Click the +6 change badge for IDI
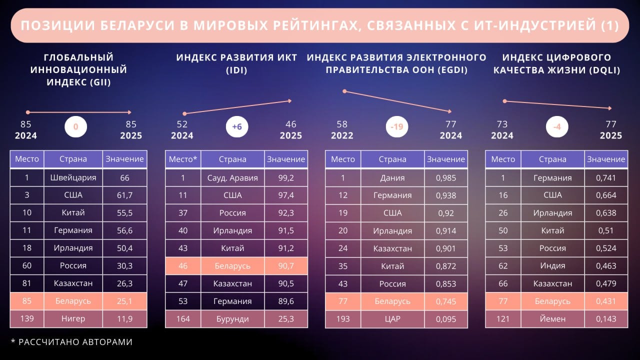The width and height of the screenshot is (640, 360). click(236, 127)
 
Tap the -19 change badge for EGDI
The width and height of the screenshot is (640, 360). click(396, 127)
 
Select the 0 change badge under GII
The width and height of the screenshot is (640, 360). click(75, 127)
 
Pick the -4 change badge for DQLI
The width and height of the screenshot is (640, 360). click(556, 127)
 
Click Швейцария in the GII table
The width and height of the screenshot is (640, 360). click(73, 177)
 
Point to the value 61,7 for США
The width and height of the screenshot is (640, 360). click(125, 195)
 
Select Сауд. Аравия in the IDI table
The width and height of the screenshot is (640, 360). click(232, 177)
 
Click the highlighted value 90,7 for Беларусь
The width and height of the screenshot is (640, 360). click(286, 266)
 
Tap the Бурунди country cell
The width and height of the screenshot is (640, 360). click(232, 318)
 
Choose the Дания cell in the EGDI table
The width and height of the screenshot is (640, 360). click(392, 177)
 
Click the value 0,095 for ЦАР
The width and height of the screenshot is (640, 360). click(446, 318)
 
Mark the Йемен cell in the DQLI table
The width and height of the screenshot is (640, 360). click(552, 318)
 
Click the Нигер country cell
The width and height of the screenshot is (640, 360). click(73, 318)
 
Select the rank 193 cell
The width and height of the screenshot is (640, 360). click(343, 318)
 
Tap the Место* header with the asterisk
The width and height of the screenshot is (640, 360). click(183, 159)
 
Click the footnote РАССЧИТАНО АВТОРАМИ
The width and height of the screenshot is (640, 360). click(75, 342)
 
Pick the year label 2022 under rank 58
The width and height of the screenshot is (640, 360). click(342, 135)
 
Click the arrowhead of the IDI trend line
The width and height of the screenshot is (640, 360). click(289, 101)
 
